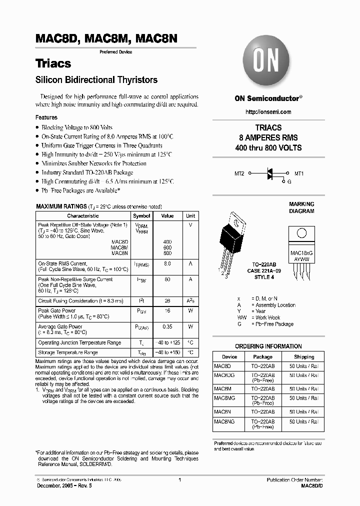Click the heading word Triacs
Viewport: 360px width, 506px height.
[x=53, y=64]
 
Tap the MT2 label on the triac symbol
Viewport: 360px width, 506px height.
[x=239, y=173]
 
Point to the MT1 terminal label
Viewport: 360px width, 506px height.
[x=298, y=173]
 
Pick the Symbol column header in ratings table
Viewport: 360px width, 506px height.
[x=141, y=216]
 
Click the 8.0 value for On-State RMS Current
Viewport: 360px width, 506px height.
[x=167, y=263]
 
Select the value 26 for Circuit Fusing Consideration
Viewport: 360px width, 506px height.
[x=167, y=301]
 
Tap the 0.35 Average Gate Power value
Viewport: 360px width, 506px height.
[x=167, y=326]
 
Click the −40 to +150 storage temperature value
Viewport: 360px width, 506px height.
[x=167, y=353]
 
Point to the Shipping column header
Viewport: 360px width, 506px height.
[x=304, y=357]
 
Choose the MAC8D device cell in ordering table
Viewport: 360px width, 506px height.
[x=222, y=366]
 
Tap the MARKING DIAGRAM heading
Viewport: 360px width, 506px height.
[x=301, y=207]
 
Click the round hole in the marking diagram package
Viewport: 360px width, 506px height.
[x=301, y=232]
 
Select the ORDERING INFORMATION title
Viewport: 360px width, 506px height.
[x=268, y=346]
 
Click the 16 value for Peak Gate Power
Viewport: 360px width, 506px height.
[x=167, y=311]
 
